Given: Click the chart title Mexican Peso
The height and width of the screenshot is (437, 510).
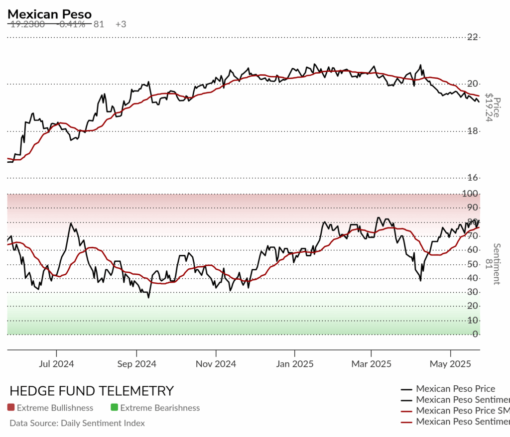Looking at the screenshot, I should pyautogui.click(x=49, y=13).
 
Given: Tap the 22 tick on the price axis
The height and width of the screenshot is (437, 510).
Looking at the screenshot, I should pyautogui.click(x=472, y=37).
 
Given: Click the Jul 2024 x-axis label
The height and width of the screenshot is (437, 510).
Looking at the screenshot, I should pyautogui.click(x=56, y=364).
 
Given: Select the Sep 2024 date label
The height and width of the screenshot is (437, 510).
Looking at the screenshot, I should pyautogui.click(x=136, y=364).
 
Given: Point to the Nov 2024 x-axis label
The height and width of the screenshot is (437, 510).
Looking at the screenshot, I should pyautogui.click(x=216, y=364).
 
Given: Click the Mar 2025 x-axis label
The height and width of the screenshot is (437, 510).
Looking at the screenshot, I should pyautogui.click(x=371, y=364).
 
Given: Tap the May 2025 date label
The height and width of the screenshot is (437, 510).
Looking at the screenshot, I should pyautogui.click(x=450, y=364).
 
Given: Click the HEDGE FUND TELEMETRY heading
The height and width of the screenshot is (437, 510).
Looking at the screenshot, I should pyautogui.click(x=92, y=391).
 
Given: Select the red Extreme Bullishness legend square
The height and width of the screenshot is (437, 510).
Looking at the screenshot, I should pyautogui.click(x=11, y=408).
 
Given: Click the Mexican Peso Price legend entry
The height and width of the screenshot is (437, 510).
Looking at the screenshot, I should pyautogui.click(x=455, y=389).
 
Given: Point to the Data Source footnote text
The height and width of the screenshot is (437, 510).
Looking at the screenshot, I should pyautogui.click(x=77, y=423).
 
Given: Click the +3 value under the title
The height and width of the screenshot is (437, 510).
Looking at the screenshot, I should pyautogui.click(x=121, y=24).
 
